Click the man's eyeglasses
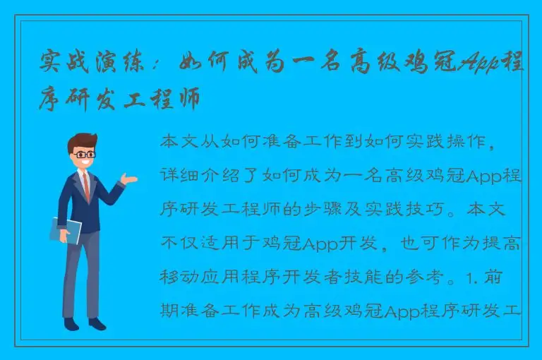point(85,153)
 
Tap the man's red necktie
point(86,187)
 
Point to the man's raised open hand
point(128,179)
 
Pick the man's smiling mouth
point(85,162)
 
